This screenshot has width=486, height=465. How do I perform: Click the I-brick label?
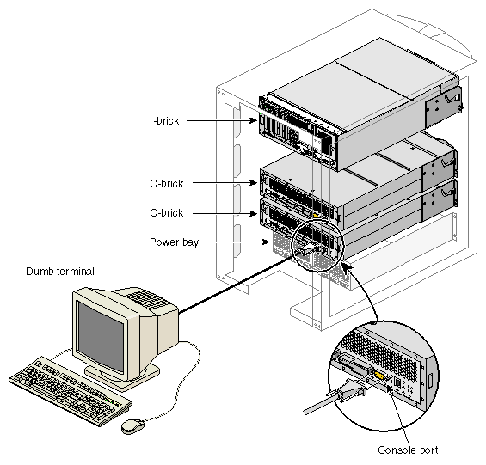164,121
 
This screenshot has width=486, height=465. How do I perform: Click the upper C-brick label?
166,183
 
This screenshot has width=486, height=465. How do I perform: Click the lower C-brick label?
166,213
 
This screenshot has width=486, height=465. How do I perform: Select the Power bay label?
174,242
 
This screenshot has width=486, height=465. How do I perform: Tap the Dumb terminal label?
60,272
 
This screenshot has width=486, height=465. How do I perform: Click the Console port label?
408,450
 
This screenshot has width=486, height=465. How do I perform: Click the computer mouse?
132,425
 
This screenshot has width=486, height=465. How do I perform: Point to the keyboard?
70,391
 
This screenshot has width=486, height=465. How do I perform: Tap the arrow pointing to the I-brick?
222,121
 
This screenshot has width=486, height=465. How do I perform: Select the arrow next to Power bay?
238,242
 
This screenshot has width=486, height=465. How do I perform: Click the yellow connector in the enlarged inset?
379,376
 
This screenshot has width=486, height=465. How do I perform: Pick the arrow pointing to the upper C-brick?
225,183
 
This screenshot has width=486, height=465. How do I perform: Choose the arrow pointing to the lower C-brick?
225,213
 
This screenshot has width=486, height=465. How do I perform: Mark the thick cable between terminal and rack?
236,285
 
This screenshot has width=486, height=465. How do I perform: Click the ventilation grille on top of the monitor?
148,299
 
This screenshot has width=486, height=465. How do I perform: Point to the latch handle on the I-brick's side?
451,98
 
